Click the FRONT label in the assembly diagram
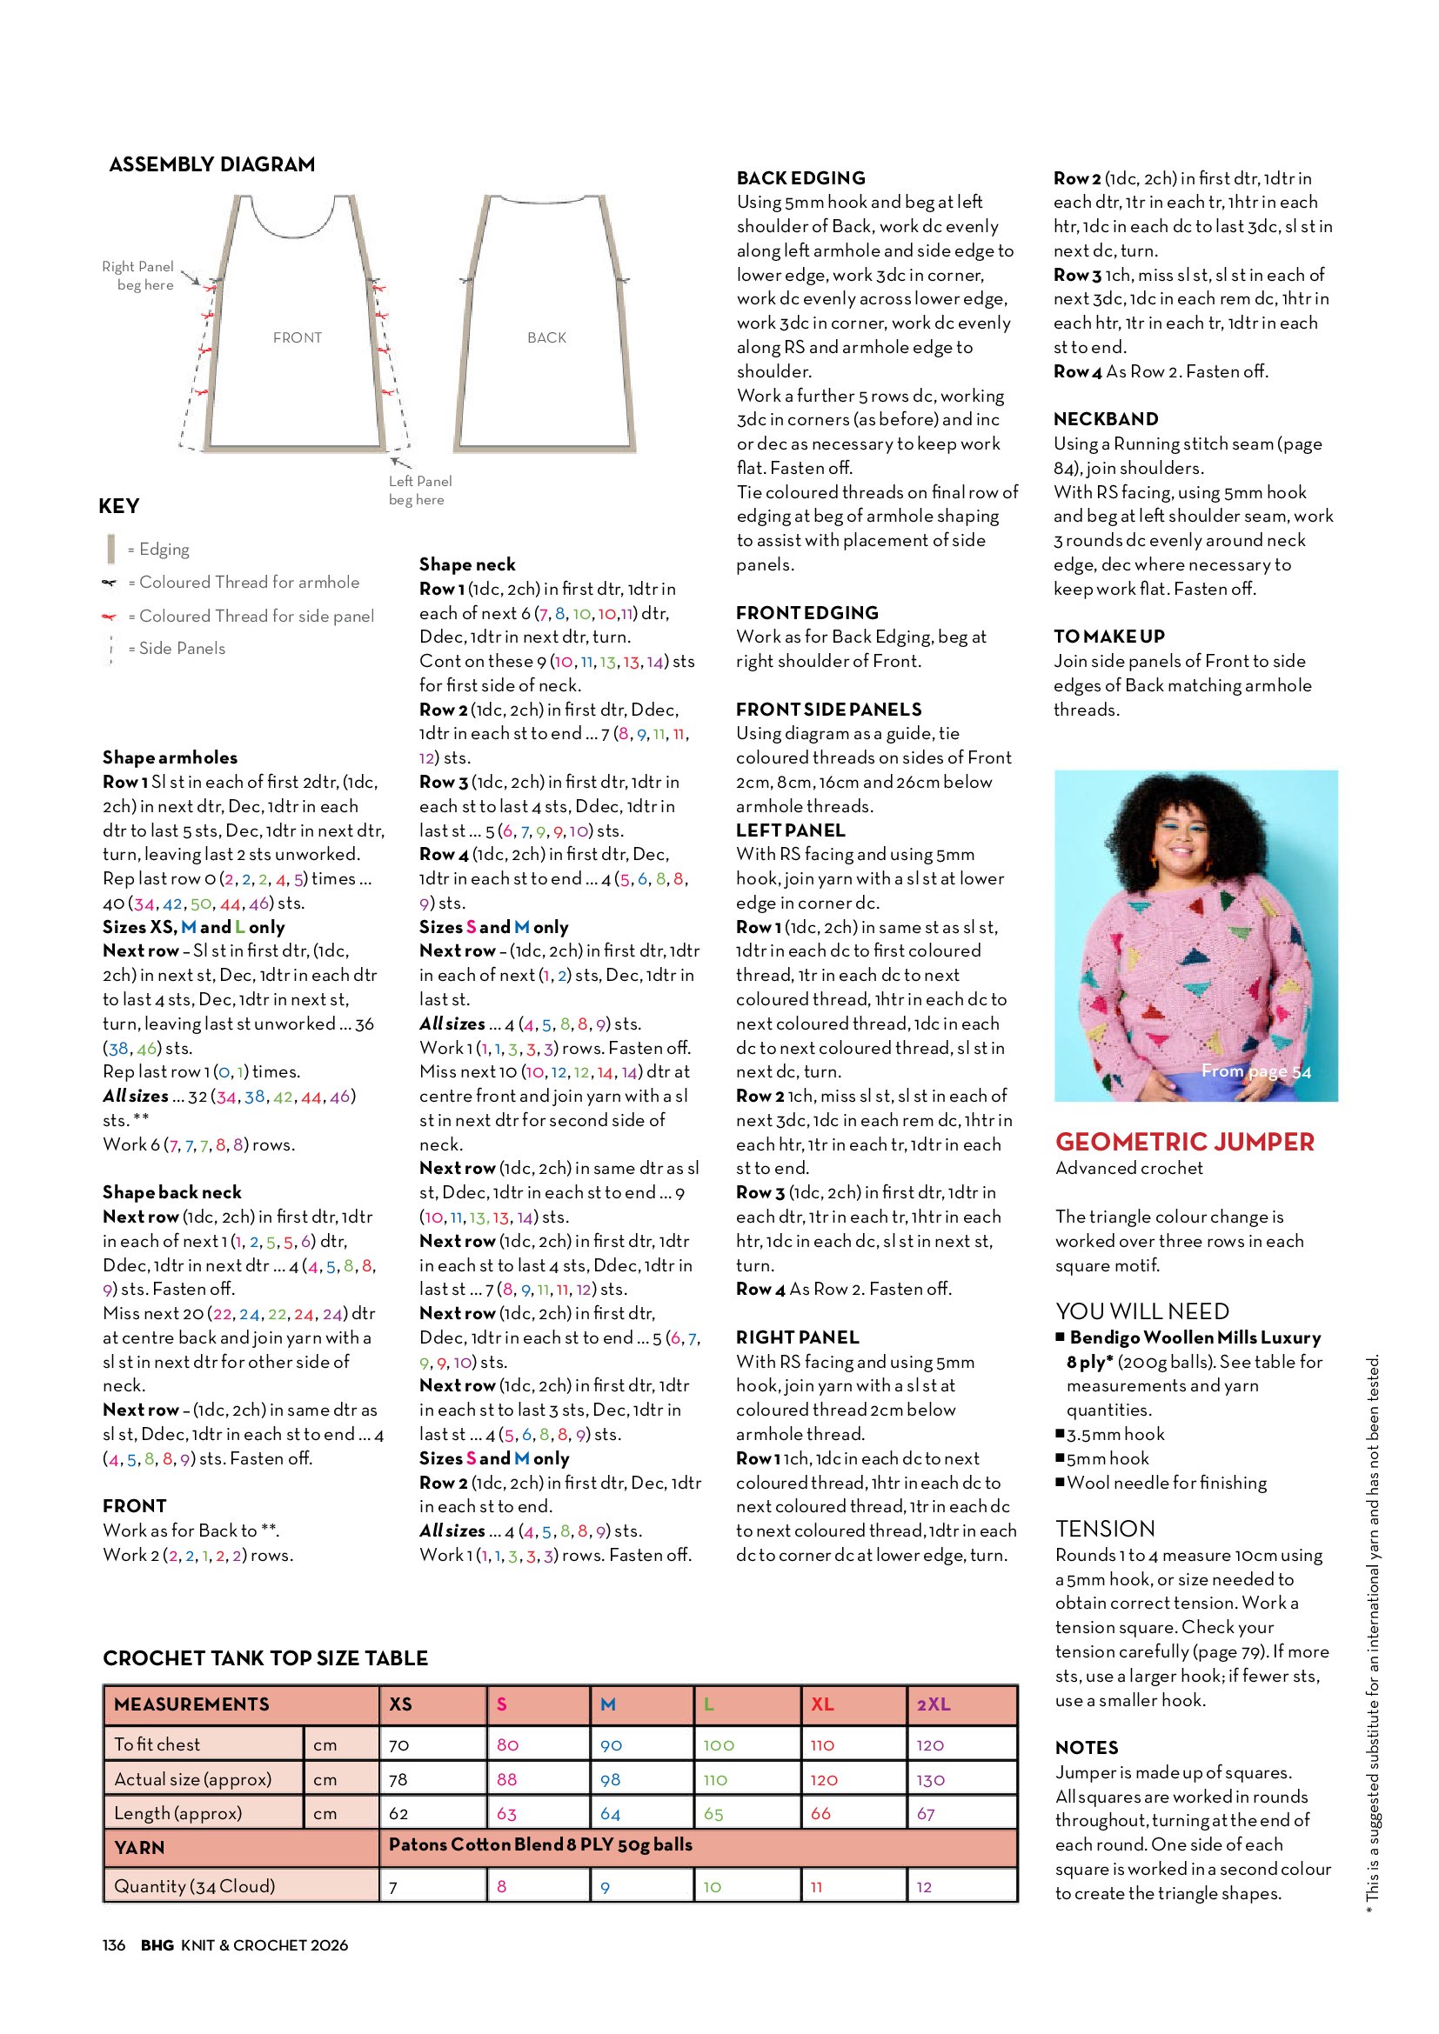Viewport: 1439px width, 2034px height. click(297, 337)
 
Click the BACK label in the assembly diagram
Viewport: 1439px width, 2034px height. click(545, 337)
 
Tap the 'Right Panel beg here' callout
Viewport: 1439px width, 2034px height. click(137, 276)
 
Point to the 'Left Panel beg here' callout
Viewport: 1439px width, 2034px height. click(419, 490)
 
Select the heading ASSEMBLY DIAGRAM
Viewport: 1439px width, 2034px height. click(211, 164)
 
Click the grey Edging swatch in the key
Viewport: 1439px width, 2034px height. click(110, 550)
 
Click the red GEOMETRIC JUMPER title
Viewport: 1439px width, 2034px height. click(1185, 1143)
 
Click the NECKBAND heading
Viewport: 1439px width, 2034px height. click(1105, 419)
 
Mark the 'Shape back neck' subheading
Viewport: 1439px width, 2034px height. click(172, 1192)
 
